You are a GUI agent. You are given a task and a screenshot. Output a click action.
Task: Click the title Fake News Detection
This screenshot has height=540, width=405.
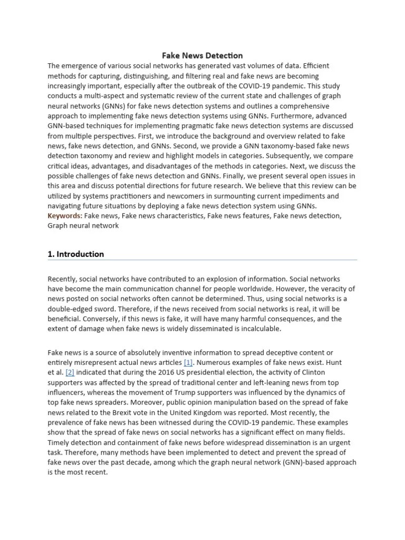[x=202, y=55]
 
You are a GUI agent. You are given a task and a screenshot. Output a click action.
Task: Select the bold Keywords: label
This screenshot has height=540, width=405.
[x=65, y=216]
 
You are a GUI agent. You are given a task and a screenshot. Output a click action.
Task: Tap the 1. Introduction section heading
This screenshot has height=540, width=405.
[x=75, y=254]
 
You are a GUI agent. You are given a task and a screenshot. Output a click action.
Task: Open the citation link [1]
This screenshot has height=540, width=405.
[x=188, y=362]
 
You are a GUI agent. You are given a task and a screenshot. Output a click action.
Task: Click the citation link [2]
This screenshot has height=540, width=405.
[x=70, y=372]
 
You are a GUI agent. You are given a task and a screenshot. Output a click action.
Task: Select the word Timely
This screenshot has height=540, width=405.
[x=57, y=442]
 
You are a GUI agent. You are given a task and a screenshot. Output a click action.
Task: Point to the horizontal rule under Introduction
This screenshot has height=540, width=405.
[x=202, y=260]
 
